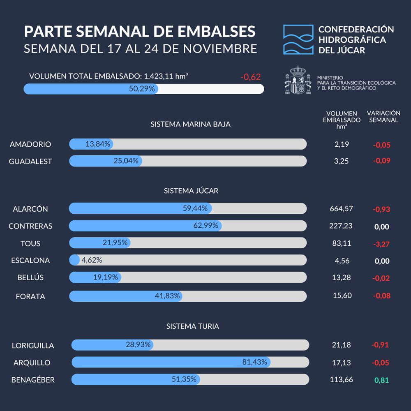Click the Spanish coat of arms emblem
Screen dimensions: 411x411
click(298, 80)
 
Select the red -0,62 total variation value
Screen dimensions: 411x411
click(251, 77)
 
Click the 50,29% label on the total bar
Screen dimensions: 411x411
click(142, 89)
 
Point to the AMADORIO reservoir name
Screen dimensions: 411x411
click(30, 144)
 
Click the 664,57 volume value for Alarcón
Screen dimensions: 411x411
click(341, 209)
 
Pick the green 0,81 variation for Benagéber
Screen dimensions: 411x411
click(381, 380)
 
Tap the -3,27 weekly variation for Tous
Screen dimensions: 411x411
click(381, 244)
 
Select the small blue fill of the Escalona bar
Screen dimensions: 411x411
click(74, 260)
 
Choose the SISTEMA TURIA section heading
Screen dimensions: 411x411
click(192, 326)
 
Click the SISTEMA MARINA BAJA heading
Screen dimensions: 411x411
click(190, 124)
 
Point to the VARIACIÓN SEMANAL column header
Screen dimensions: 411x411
click(383, 116)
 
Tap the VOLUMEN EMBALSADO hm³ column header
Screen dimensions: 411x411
click(342, 120)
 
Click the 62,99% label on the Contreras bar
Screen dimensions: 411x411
click(205, 226)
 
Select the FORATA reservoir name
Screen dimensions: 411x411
click(30, 296)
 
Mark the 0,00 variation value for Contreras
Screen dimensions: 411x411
click(381, 227)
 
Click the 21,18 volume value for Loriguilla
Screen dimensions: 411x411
click(341, 345)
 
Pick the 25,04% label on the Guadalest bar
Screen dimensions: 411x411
click(126, 161)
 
